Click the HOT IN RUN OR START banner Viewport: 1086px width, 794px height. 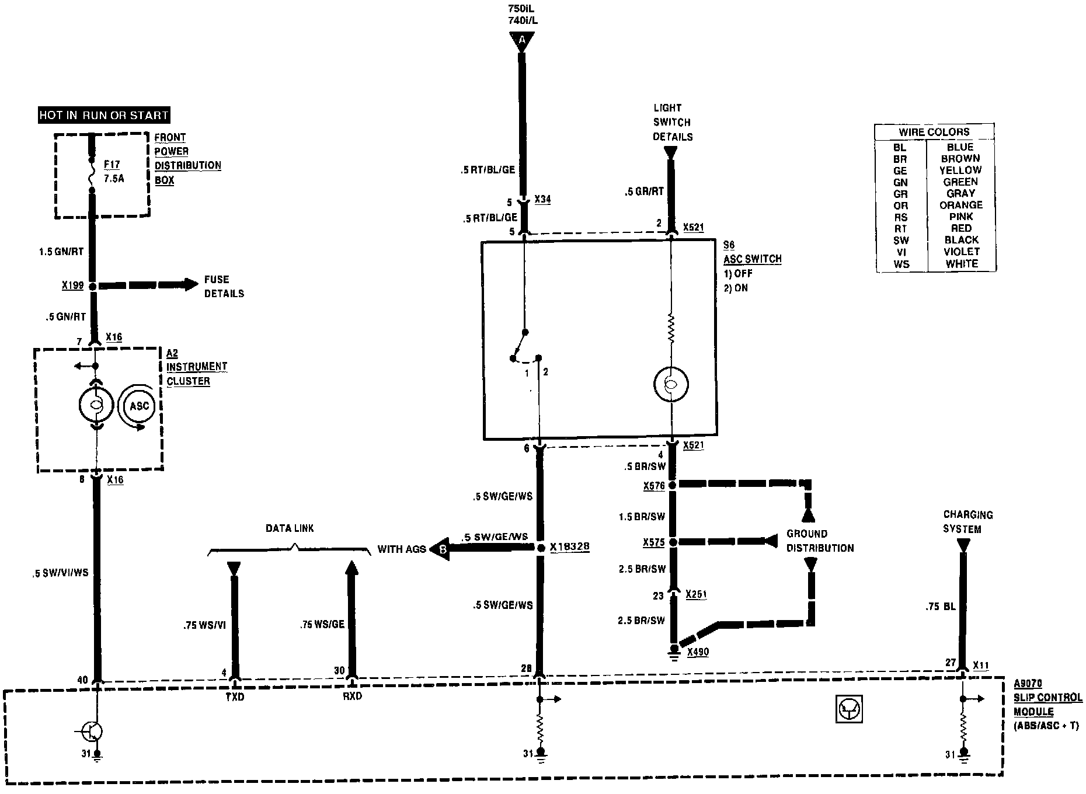[104, 115]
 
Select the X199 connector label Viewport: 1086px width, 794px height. [73, 286]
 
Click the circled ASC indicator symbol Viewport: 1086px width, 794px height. [139, 406]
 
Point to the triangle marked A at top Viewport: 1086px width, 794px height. [521, 40]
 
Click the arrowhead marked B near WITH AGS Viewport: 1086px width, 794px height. [441, 549]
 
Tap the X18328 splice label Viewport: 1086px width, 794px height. [569, 548]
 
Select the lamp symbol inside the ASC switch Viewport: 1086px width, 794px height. [671, 384]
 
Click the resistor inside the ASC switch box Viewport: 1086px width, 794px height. [671, 330]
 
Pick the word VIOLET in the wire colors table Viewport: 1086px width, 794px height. [961, 252]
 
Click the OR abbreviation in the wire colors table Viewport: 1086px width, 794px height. [900, 206]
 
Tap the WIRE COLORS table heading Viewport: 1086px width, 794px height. [934, 132]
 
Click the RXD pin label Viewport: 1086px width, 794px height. [352, 697]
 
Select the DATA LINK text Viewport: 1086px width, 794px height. [290, 528]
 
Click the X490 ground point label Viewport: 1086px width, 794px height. [698, 652]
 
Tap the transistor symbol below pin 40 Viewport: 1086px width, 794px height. [93, 730]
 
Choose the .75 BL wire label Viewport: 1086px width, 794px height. [940, 607]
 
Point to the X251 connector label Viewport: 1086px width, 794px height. [697, 594]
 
